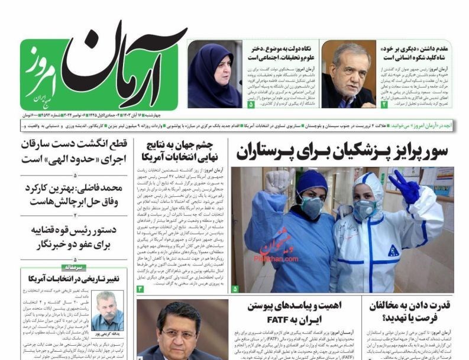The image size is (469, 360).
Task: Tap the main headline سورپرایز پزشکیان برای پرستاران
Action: pos(342,152)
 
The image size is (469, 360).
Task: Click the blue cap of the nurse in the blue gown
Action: pos(312,180)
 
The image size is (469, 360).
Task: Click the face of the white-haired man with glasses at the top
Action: pos(348,70)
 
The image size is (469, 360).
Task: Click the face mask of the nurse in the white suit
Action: pos(365,208)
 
